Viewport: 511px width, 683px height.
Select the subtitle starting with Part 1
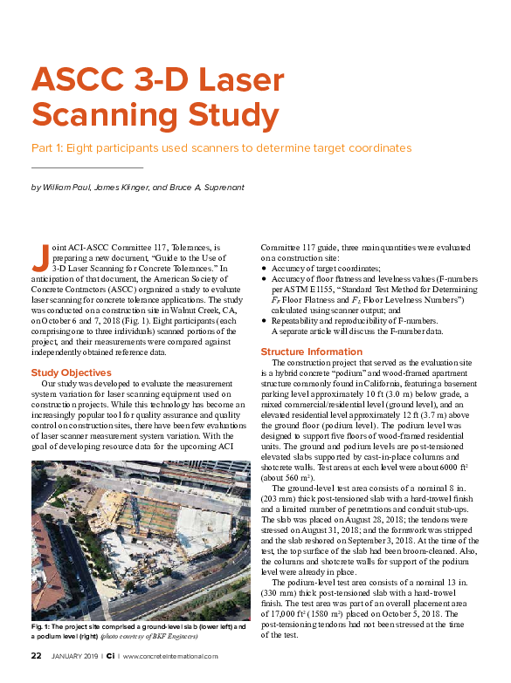click(220, 147)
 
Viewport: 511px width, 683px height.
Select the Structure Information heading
click(312, 352)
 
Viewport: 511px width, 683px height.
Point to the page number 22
click(37, 656)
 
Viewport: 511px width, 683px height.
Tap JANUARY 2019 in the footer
click(75, 656)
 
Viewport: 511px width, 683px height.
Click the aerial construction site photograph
click(140, 541)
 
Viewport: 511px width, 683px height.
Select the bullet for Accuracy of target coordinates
click(265, 269)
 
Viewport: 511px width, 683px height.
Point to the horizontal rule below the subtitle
click(86, 167)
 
